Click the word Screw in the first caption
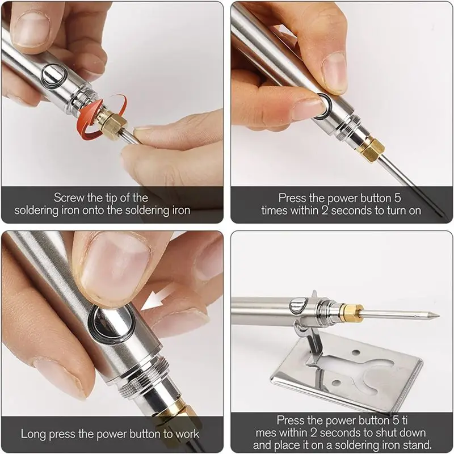coord(68,198)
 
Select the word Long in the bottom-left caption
coord(32,434)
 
